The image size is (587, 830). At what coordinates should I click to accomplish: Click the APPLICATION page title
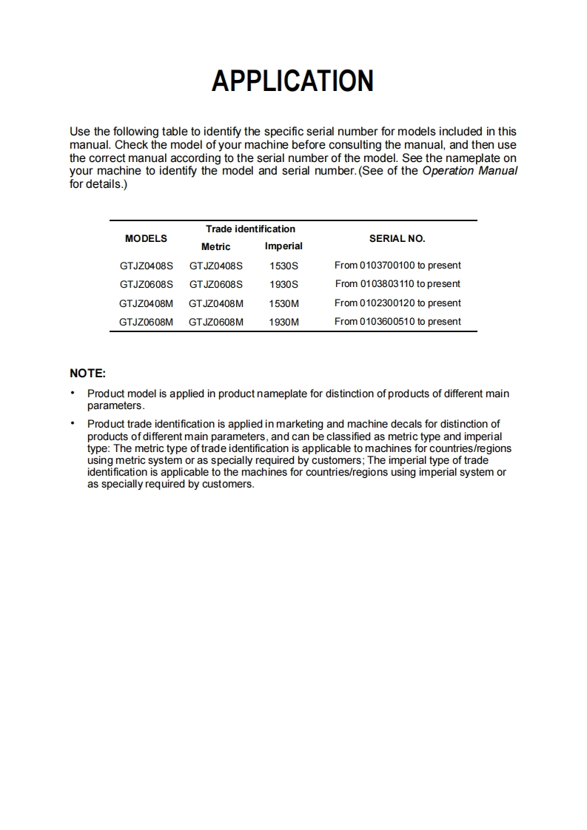click(292, 81)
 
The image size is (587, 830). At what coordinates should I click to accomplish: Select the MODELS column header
click(146, 238)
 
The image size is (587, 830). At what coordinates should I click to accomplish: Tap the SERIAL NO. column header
click(397, 238)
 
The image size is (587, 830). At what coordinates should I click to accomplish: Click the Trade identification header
click(250, 229)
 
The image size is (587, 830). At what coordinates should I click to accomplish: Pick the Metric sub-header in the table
click(215, 247)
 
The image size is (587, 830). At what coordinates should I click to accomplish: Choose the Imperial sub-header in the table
click(284, 246)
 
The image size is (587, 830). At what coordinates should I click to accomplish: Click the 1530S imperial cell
click(284, 266)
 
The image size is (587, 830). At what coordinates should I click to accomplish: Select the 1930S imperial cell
click(284, 284)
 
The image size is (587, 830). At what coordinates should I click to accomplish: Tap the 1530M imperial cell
click(284, 303)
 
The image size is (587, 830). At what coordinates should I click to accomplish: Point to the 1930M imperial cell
click(284, 322)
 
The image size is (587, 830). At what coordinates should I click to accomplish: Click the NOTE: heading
click(87, 374)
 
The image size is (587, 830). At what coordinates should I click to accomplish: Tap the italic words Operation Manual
click(469, 171)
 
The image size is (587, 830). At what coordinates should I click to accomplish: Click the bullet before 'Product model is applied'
click(73, 394)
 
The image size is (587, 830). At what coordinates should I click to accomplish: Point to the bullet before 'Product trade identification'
click(73, 424)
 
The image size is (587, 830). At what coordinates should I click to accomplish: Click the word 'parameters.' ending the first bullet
click(116, 406)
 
